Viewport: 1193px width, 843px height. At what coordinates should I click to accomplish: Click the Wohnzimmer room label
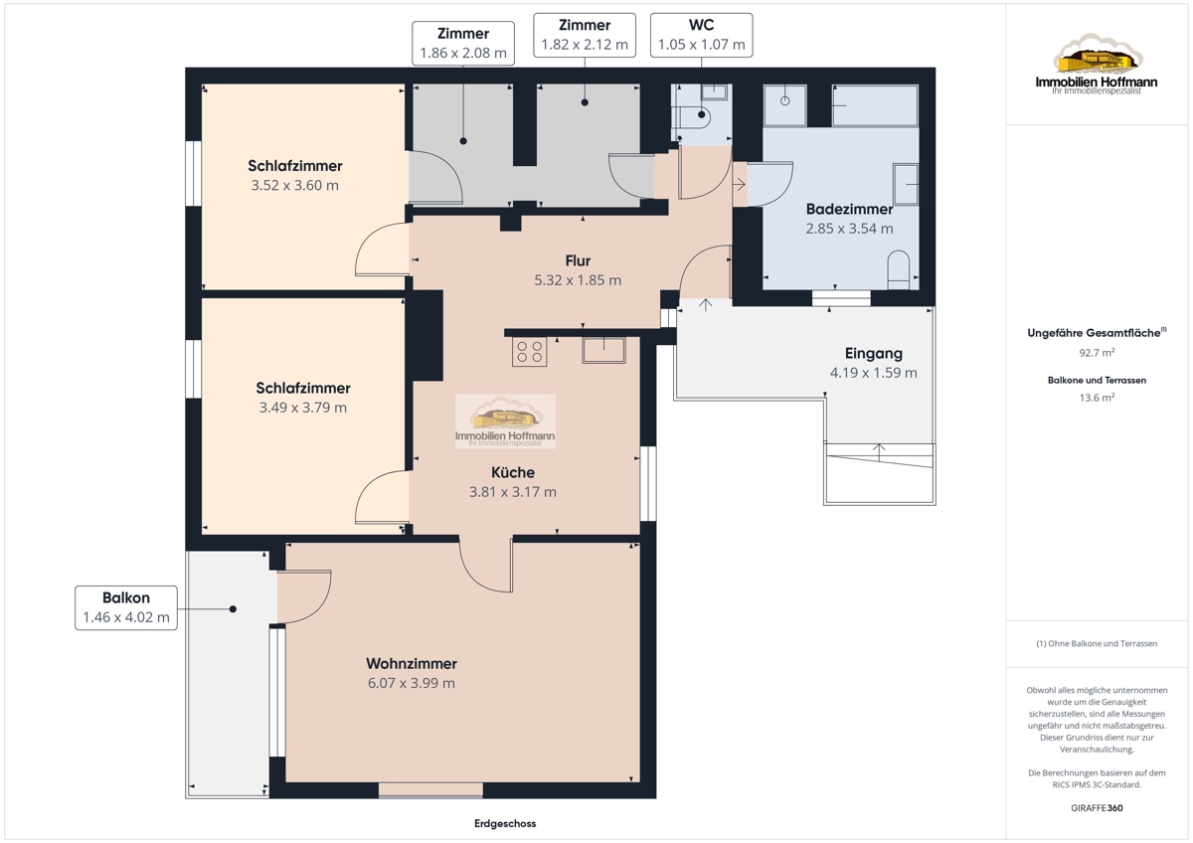[x=412, y=663]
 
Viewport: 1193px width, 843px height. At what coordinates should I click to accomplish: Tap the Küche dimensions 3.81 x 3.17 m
[x=512, y=491]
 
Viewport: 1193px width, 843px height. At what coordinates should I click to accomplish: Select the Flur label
[x=578, y=260]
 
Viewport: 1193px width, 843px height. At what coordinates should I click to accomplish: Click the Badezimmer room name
[x=849, y=209]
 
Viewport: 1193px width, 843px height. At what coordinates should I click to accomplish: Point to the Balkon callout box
[x=126, y=607]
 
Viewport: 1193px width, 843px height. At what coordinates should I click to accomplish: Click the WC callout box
[x=702, y=35]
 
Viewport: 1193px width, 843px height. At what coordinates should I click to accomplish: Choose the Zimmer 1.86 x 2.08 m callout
[x=463, y=43]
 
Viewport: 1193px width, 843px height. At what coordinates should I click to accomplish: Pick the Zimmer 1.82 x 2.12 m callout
[x=585, y=35]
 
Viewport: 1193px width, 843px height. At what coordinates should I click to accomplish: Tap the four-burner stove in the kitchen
[x=529, y=352]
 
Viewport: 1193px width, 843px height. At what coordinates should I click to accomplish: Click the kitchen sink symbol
[x=603, y=350]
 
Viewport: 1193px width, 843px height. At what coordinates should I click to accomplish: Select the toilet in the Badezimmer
[x=899, y=269]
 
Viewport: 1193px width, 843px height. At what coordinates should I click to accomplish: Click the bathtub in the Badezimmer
[x=875, y=105]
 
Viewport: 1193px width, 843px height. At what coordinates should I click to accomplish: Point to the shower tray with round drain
[x=785, y=105]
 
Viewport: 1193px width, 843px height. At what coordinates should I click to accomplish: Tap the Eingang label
[x=874, y=353]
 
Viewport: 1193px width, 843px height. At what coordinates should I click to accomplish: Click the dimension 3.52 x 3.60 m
[x=294, y=185]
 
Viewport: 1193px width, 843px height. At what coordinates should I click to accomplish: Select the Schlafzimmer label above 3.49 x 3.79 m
[x=303, y=388]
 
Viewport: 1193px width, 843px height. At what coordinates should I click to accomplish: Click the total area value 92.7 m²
[x=1097, y=353]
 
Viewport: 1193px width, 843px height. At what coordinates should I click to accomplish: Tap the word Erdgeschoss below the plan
[x=505, y=823]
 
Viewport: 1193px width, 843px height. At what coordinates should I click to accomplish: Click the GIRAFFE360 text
[x=1097, y=808]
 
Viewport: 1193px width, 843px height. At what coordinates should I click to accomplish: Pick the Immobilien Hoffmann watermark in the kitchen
[x=505, y=421]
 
